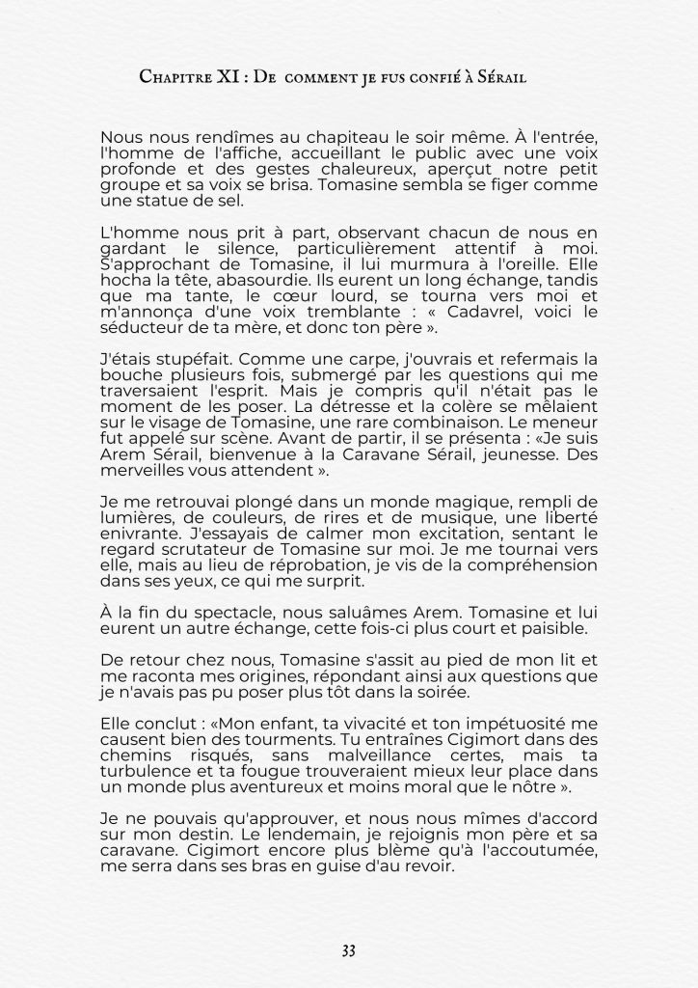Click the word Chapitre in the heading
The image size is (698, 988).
(x=174, y=75)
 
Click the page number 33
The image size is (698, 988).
(x=348, y=950)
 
